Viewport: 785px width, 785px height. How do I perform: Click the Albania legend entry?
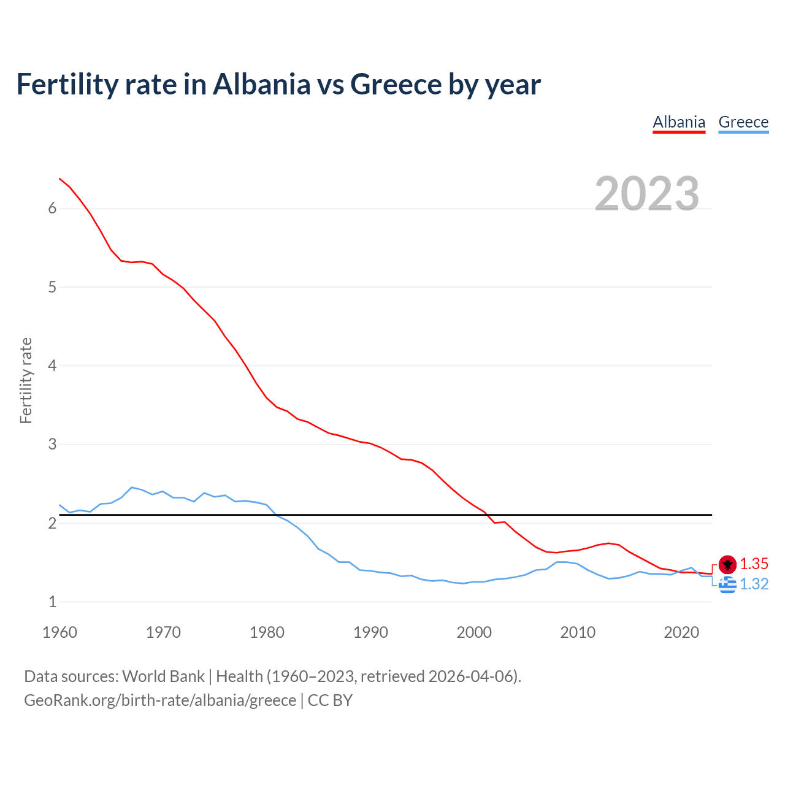(x=679, y=122)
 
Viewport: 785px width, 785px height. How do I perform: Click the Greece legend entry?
(x=743, y=122)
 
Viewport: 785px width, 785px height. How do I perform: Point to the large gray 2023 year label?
(x=647, y=194)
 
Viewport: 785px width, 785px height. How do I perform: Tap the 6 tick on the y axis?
(x=52, y=209)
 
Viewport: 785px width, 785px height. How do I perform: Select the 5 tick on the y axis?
(x=52, y=287)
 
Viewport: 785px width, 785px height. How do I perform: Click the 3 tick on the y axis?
(x=52, y=444)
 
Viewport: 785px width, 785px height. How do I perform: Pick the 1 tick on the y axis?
(x=52, y=602)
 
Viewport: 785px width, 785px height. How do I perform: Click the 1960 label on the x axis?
(x=59, y=632)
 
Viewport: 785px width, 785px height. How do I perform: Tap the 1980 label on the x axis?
(x=267, y=632)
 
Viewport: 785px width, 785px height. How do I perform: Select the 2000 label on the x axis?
(x=474, y=632)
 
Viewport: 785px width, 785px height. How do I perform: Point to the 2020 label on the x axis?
(x=681, y=632)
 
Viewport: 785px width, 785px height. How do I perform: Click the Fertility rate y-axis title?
(x=26, y=380)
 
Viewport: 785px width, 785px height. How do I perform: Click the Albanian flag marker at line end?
(x=727, y=564)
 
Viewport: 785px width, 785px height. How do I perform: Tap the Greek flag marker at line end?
(x=727, y=585)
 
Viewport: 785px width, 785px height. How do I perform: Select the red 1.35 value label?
(x=754, y=564)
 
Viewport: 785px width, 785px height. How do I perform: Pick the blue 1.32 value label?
(x=754, y=584)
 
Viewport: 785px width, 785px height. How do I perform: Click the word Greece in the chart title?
(x=396, y=84)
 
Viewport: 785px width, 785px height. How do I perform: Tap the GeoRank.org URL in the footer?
(x=160, y=700)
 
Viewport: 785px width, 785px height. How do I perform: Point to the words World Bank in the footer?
(x=163, y=676)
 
